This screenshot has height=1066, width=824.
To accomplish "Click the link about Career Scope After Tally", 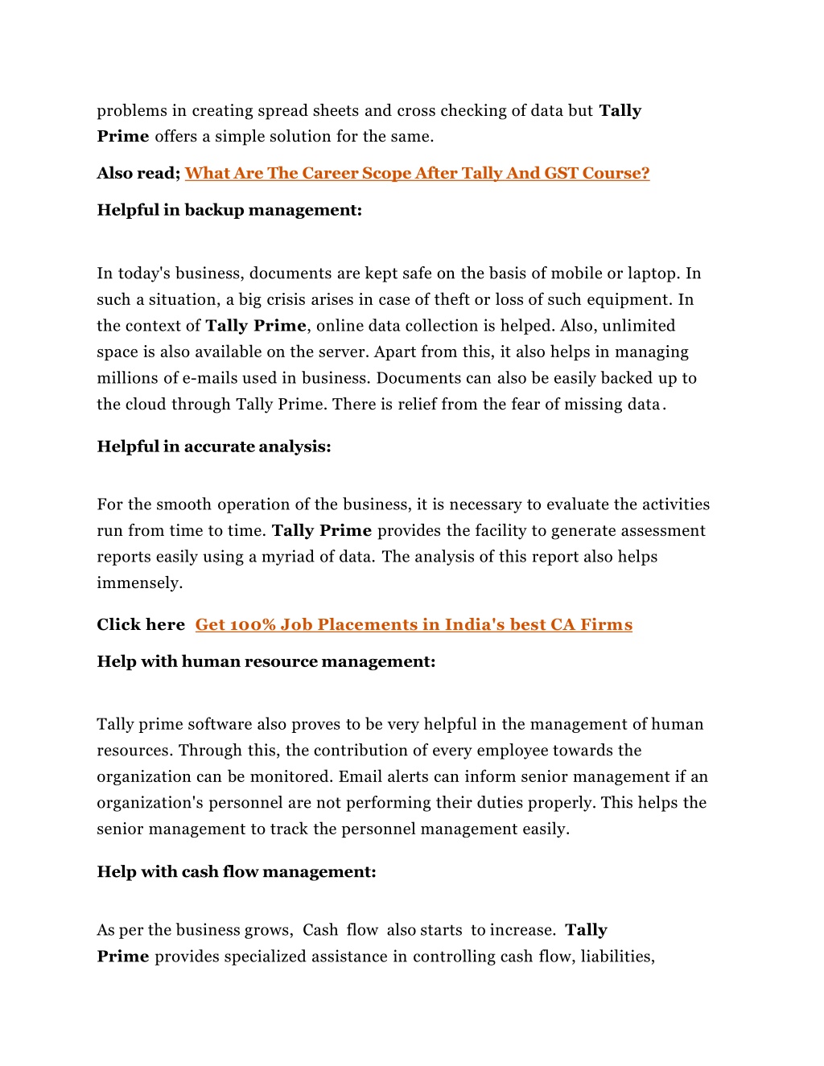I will point(417,173).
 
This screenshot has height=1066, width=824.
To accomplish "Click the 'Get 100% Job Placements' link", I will point(414,625).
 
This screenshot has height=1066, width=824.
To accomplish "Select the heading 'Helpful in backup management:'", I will point(229,210).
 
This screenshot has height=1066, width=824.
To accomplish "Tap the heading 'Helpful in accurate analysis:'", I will point(214,447).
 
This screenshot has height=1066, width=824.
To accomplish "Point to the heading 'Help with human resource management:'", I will point(266,661).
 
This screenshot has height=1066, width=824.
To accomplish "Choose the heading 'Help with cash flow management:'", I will point(237,872).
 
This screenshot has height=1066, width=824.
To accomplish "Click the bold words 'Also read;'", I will point(138,173).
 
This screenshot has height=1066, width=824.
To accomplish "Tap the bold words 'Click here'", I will point(141,625).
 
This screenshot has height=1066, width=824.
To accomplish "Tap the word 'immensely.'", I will point(140,583).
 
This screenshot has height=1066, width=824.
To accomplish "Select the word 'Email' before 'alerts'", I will point(360,777).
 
